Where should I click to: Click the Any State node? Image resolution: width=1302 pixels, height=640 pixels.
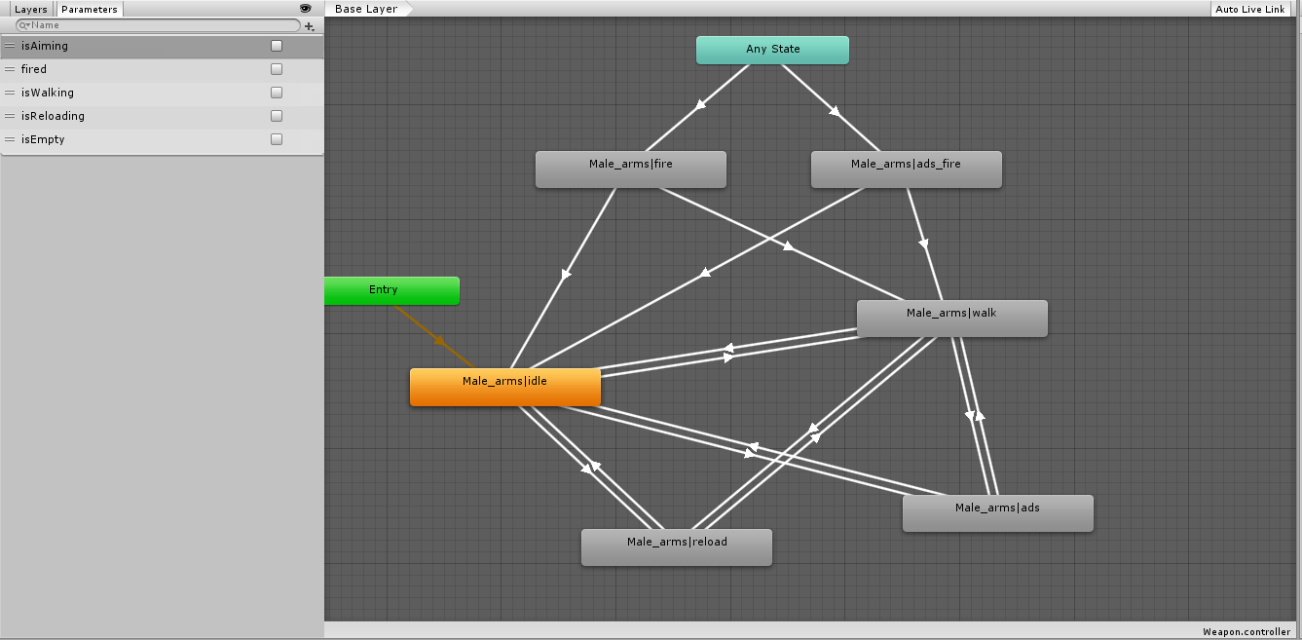(x=772, y=50)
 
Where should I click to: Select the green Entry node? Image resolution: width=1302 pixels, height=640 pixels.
(x=391, y=290)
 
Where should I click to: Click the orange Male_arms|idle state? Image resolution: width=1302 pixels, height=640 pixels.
(x=504, y=386)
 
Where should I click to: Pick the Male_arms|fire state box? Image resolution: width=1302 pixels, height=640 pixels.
(x=630, y=169)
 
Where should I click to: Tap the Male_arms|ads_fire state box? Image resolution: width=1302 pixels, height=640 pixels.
(x=906, y=169)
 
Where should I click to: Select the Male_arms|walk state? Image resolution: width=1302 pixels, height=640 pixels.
(x=951, y=318)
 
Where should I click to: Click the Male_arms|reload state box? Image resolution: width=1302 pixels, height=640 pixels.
(x=676, y=546)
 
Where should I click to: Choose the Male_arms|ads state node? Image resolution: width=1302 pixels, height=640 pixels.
(x=997, y=512)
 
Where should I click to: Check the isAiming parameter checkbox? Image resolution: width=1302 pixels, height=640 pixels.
(x=277, y=46)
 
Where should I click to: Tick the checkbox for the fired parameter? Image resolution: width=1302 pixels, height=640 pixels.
(x=277, y=69)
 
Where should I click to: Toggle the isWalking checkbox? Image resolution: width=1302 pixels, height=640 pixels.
(x=277, y=93)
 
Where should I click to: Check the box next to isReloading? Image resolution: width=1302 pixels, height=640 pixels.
(x=277, y=116)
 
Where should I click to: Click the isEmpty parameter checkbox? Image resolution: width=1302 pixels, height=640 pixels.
(x=277, y=139)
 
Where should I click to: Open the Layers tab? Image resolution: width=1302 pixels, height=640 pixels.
(x=31, y=9)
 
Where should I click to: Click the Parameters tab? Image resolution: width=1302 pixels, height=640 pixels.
(x=90, y=9)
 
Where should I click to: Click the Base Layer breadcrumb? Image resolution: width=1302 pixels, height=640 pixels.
(x=366, y=9)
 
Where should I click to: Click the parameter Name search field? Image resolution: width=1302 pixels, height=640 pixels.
(x=161, y=25)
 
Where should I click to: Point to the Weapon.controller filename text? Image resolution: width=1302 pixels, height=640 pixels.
(x=1246, y=632)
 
